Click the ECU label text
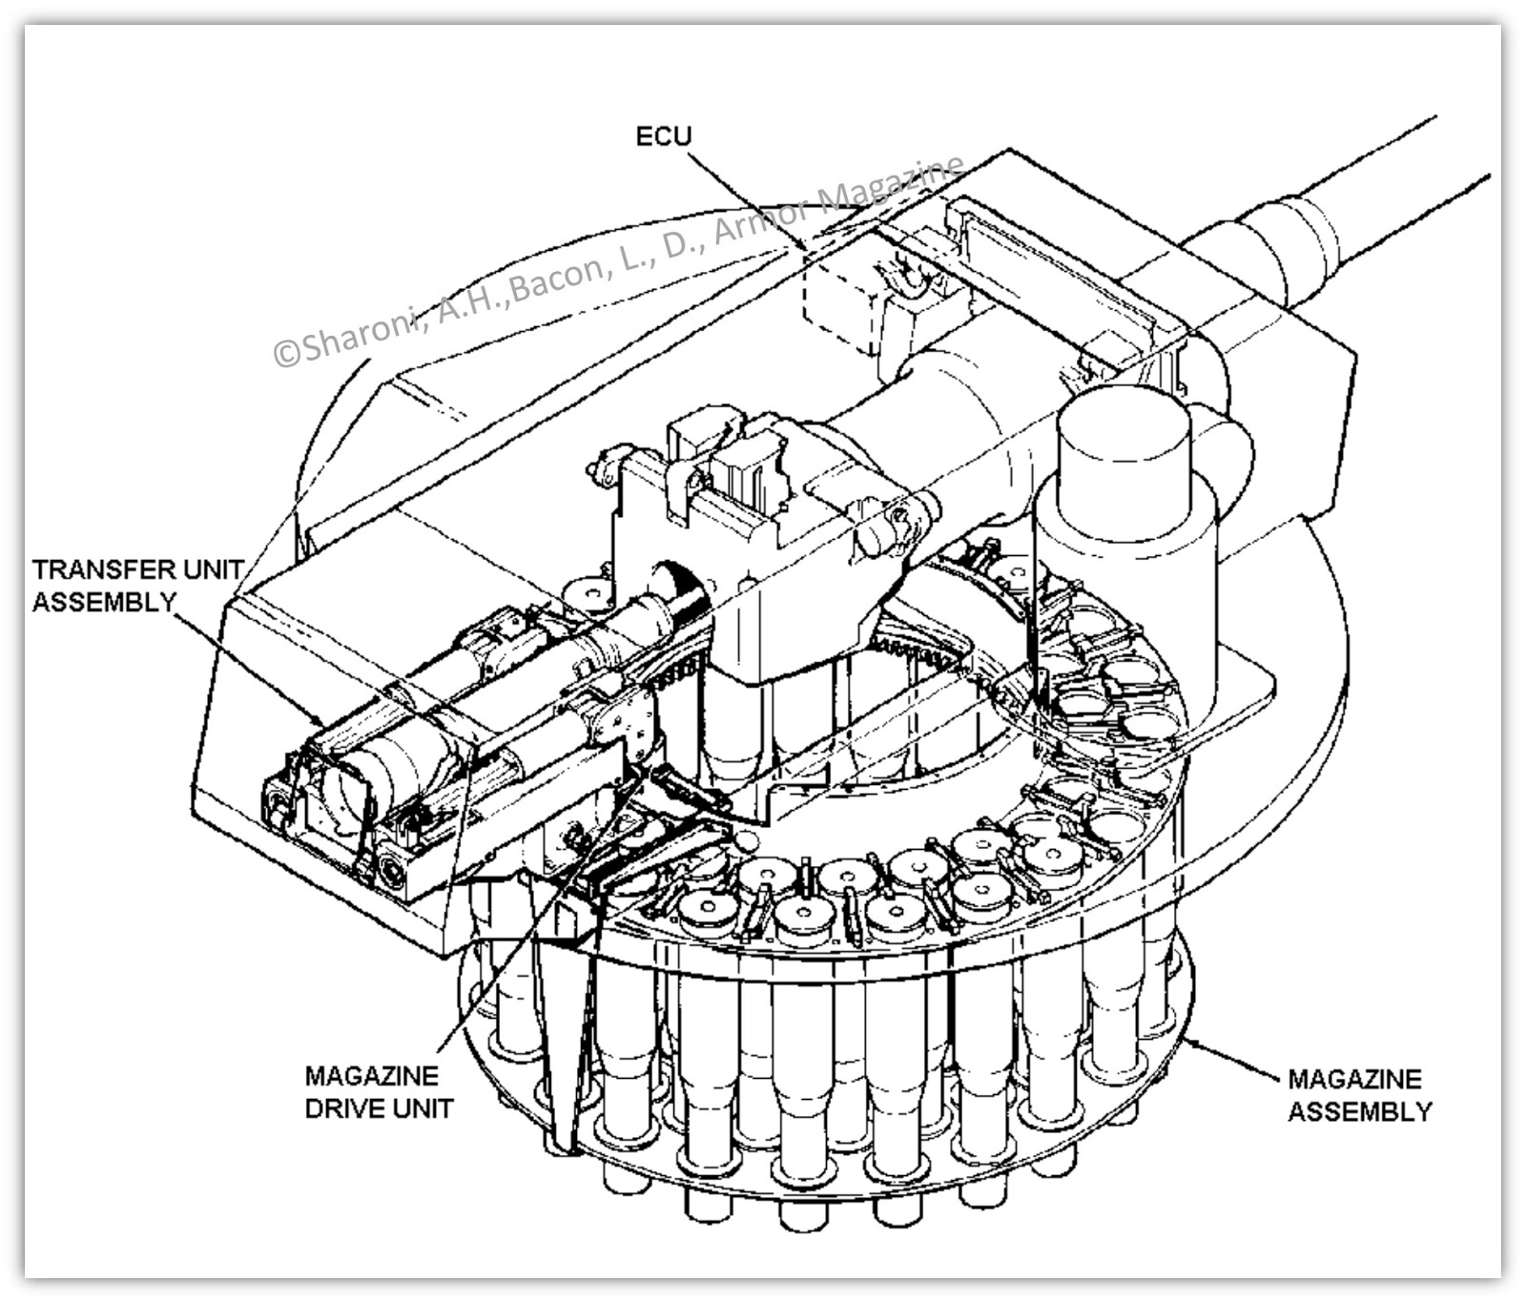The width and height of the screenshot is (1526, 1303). [x=663, y=136]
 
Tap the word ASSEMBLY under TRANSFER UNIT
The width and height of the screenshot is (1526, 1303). [x=104, y=602]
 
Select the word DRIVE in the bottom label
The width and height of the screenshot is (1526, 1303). [x=347, y=1108]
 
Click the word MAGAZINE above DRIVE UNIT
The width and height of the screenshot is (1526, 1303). [x=371, y=1076]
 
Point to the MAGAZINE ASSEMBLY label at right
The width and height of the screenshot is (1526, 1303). [x=1358, y=1095]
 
